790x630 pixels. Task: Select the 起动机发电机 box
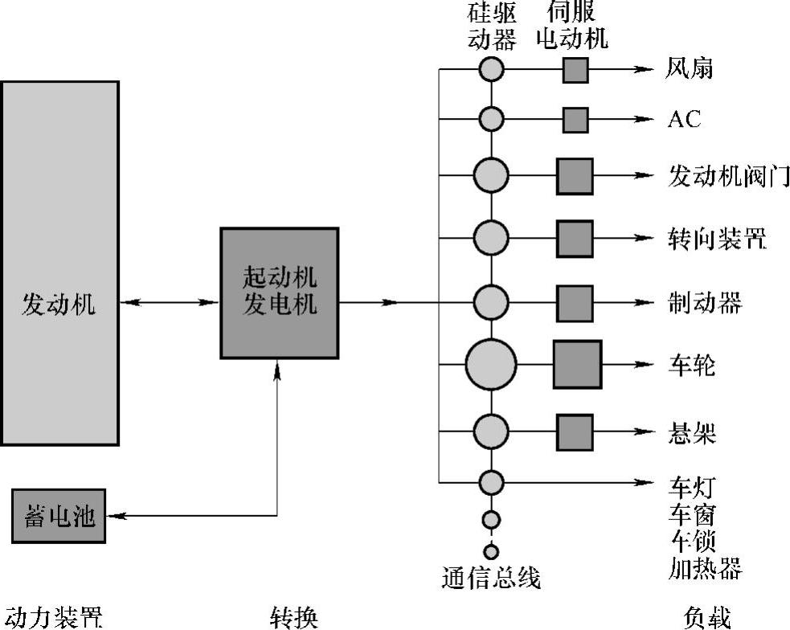pyautogui.click(x=279, y=292)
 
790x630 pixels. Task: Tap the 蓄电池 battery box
pyautogui.click(x=59, y=516)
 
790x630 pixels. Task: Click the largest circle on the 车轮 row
pyautogui.click(x=490, y=365)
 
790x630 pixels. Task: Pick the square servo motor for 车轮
pyautogui.click(x=576, y=365)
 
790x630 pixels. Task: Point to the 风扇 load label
pyautogui.click(x=690, y=70)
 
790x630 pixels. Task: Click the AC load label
pyautogui.click(x=684, y=120)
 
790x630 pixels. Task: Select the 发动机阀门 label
pyautogui.click(x=728, y=175)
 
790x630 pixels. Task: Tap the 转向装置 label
pyautogui.click(x=716, y=239)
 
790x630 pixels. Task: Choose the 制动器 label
pyautogui.click(x=704, y=303)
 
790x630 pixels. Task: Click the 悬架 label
pyautogui.click(x=691, y=434)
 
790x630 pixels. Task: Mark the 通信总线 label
pyautogui.click(x=491, y=578)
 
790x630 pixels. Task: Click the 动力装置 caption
pyautogui.click(x=51, y=617)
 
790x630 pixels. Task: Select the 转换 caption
pyautogui.click(x=294, y=617)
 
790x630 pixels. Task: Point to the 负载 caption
pyautogui.click(x=707, y=617)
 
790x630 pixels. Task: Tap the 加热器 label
pyautogui.click(x=704, y=569)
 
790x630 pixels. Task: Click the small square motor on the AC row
pyautogui.click(x=575, y=120)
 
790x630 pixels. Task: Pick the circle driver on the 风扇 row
pyautogui.click(x=491, y=70)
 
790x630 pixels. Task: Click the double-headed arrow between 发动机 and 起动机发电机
pyautogui.click(x=170, y=303)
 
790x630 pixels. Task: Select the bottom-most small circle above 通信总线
pyautogui.click(x=491, y=552)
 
